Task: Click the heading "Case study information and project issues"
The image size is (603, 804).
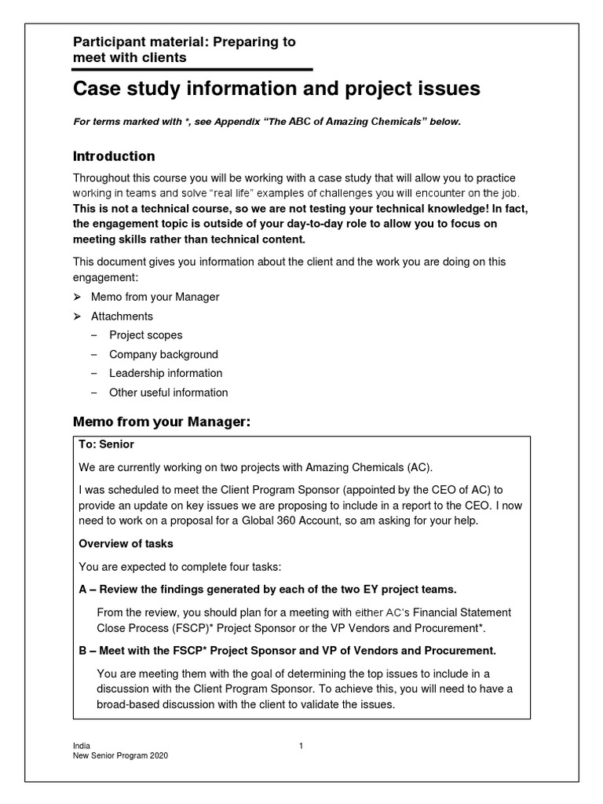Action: pyautogui.click(x=276, y=90)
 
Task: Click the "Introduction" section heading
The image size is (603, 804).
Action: pyautogui.click(x=114, y=155)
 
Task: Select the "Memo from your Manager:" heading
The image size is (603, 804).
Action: pyautogui.click(x=162, y=422)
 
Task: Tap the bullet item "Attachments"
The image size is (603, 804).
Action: pyautogui.click(x=122, y=316)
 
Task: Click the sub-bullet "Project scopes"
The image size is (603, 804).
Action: pyautogui.click(x=145, y=335)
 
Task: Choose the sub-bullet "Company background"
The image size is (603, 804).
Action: pyautogui.click(x=163, y=354)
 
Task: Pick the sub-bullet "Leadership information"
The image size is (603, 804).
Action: pyautogui.click(x=165, y=373)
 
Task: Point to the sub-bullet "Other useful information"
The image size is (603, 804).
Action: pyautogui.click(x=168, y=393)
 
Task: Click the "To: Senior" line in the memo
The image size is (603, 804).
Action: pyautogui.click(x=107, y=444)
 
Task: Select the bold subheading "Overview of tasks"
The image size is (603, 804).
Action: pyautogui.click(x=126, y=543)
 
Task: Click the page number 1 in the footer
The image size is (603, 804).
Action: pyautogui.click(x=301, y=746)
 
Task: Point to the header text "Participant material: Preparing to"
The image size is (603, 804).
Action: pyautogui.click(x=184, y=42)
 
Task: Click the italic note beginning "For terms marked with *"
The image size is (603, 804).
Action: pyautogui.click(x=267, y=122)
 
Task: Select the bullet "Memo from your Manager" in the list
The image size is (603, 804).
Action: pyautogui.click(x=155, y=297)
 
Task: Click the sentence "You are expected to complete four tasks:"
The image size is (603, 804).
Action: pyautogui.click(x=181, y=566)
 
